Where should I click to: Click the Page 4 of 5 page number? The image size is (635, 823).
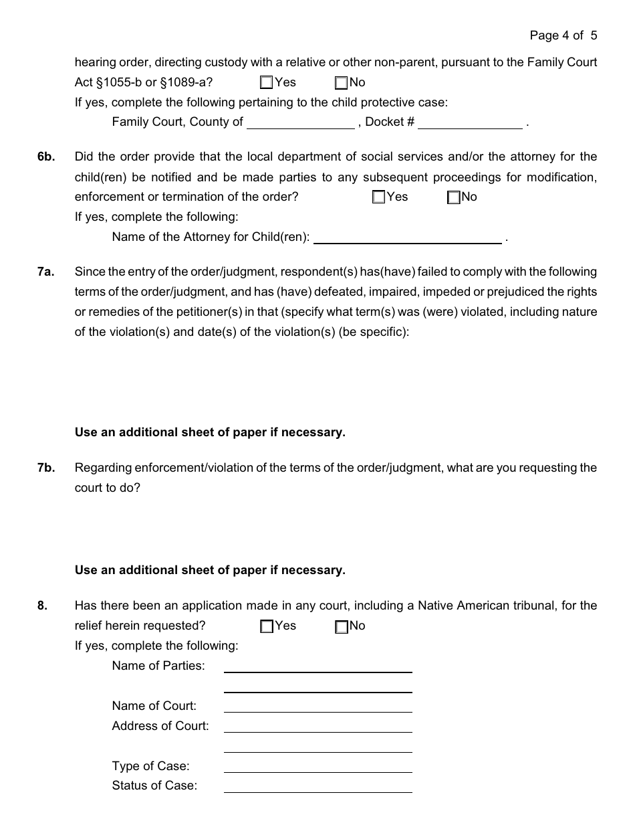point(563,35)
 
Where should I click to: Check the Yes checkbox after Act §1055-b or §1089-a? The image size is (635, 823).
point(267,83)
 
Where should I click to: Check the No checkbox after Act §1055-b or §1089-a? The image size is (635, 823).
point(342,83)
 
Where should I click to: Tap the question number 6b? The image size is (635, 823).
point(46,157)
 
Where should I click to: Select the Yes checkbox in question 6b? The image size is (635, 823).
point(379,197)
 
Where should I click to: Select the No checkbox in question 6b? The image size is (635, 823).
point(454,197)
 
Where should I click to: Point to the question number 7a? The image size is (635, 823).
point(46,272)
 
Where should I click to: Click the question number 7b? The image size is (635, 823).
point(46,468)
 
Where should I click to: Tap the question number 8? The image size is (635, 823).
point(43,606)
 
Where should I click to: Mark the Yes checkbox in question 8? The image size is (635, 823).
point(267,627)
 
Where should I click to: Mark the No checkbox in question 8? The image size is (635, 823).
point(342,627)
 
